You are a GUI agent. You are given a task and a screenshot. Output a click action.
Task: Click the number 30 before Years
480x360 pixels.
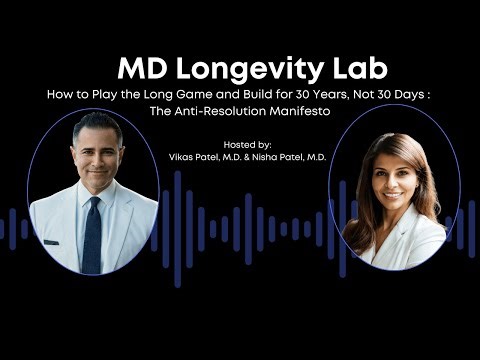(321, 95)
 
